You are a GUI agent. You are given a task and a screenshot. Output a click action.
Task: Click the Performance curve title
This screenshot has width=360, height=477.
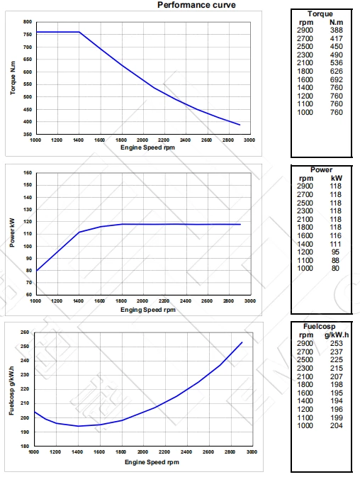click(x=196, y=5)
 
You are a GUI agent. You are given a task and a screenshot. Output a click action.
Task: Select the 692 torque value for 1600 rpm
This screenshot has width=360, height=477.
click(x=337, y=82)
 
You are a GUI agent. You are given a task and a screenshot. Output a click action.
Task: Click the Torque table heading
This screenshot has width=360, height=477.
click(x=320, y=13)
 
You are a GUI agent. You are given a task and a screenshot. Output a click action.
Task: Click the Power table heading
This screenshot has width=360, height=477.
click(x=320, y=170)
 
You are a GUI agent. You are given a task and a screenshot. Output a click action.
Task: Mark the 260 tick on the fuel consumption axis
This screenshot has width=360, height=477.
click(x=25, y=332)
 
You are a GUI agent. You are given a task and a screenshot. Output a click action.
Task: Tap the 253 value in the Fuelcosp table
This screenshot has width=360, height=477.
click(x=335, y=344)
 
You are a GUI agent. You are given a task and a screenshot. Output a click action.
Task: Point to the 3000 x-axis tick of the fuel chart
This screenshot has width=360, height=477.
click(x=249, y=451)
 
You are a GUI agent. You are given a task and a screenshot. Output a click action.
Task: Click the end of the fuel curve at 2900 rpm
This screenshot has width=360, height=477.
click(x=242, y=342)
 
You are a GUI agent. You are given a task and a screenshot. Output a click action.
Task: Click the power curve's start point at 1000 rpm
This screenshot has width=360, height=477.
click(x=35, y=270)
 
